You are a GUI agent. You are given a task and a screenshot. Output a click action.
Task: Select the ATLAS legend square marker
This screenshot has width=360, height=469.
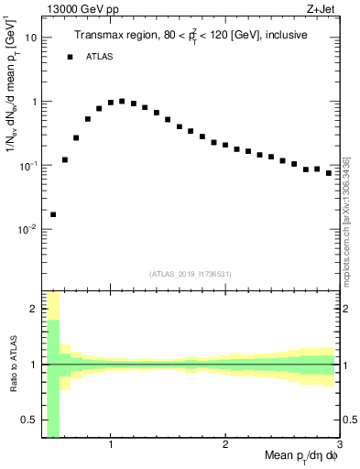click(x=70, y=57)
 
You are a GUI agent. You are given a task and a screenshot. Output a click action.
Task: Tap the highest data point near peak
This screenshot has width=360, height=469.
click(x=122, y=102)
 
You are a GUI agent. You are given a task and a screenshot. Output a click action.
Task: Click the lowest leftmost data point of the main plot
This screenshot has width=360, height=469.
click(x=53, y=214)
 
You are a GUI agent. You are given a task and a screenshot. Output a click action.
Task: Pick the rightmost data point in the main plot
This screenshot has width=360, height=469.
click(x=328, y=172)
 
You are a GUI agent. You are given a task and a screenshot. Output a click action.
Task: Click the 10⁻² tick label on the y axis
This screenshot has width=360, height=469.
click(x=27, y=229)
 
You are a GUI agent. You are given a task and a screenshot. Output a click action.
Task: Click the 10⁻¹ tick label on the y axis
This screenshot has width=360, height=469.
click(x=27, y=166)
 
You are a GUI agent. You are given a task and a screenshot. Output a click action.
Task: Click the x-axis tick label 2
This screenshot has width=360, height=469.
click(x=224, y=445)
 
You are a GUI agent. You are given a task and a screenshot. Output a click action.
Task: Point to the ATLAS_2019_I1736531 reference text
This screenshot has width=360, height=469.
click(x=191, y=273)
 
